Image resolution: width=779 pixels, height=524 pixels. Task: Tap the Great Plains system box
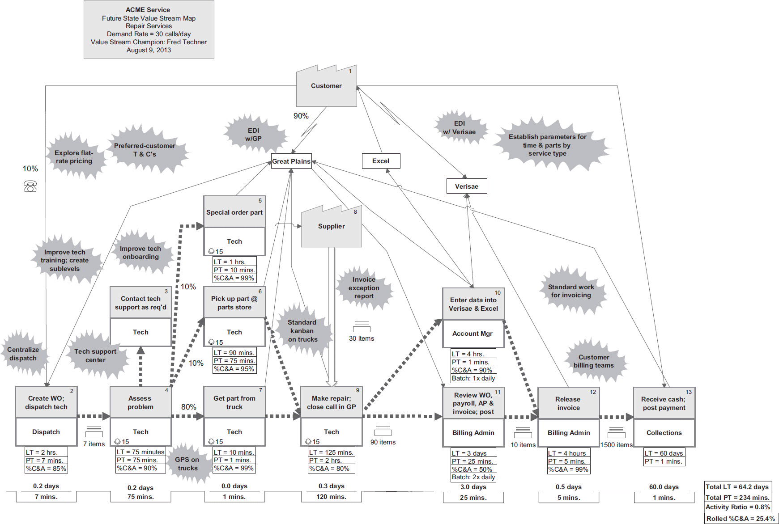click(x=291, y=161)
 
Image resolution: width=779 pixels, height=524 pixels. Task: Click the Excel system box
click(x=381, y=161)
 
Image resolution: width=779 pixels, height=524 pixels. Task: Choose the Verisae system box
click(x=467, y=186)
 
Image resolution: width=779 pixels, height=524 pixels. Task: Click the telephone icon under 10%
click(x=30, y=186)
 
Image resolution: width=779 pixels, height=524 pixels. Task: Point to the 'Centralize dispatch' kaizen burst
click(x=23, y=354)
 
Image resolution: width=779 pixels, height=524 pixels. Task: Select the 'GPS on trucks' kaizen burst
click(x=187, y=464)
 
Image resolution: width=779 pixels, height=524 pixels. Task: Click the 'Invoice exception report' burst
click(x=364, y=288)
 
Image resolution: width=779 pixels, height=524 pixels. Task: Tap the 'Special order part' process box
click(x=234, y=212)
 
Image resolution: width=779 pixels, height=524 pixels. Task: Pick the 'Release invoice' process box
click(x=568, y=403)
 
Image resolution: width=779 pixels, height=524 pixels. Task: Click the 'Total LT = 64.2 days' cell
click(x=737, y=487)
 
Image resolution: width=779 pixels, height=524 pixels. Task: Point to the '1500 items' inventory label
click(x=617, y=445)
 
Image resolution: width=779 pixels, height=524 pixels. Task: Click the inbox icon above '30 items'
click(x=362, y=326)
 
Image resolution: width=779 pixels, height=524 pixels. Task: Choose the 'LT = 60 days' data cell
click(x=664, y=453)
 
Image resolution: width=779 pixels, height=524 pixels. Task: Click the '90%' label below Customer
click(x=301, y=116)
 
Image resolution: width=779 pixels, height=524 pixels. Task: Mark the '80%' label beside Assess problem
click(x=188, y=407)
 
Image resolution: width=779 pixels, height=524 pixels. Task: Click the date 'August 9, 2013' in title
click(x=149, y=50)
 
